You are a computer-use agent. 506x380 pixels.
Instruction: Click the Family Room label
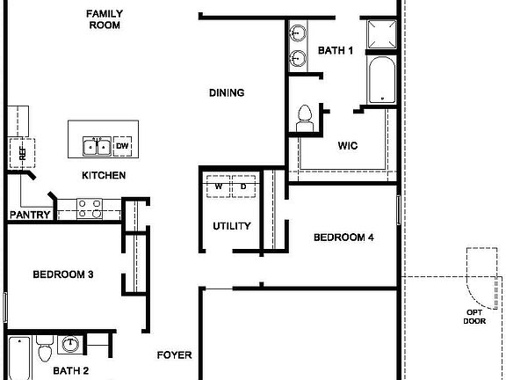[104, 19]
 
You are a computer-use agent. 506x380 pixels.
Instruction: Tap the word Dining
[226, 92]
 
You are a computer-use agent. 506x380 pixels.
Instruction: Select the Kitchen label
[104, 175]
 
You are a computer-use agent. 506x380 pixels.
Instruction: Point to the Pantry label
[27, 215]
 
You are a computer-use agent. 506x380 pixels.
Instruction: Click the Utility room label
[232, 226]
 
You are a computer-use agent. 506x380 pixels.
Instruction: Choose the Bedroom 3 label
[63, 274]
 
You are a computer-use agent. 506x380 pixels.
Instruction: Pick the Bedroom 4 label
[344, 237]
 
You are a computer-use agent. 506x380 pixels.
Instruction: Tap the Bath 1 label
[335, 51]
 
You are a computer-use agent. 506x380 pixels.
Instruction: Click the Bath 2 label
[71, 370]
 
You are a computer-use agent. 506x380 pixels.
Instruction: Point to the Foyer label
[174, 355]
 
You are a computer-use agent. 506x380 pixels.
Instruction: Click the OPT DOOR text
[474, 316]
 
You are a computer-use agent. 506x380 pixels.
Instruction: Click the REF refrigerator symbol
[19, 151]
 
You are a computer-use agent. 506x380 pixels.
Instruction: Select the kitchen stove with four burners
[89, 208]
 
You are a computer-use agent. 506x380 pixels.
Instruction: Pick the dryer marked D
[243, 186]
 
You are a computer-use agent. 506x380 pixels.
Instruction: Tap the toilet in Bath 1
[306, 118]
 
